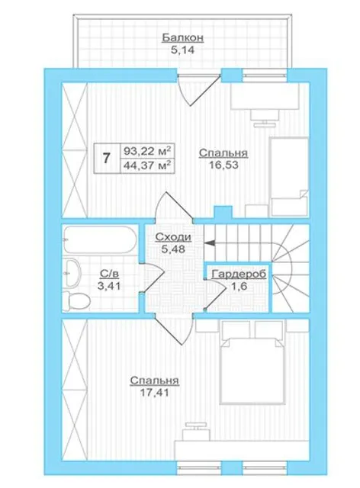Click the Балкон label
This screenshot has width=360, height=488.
[183, 37]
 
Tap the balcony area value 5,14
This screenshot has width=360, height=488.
[182, 50]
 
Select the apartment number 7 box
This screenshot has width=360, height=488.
[107, 158]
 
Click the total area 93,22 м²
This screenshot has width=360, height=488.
[148, 151]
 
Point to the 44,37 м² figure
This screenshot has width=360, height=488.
[148, 165]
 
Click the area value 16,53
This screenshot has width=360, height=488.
[223, 165]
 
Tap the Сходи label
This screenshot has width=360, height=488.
[173, 237]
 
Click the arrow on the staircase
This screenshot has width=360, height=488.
[209, 242]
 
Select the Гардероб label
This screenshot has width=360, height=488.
[239, 274]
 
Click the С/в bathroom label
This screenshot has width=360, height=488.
[109, 274]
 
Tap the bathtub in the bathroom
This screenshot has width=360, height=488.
[100, 239]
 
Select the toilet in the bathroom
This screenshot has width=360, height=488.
[76, 301]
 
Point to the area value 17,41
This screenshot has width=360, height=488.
[154, 393]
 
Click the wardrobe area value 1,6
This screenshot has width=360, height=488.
[239, 286]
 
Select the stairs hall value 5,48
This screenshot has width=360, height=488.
[173, 249]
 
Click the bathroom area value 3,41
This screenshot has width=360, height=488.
[109, 286]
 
